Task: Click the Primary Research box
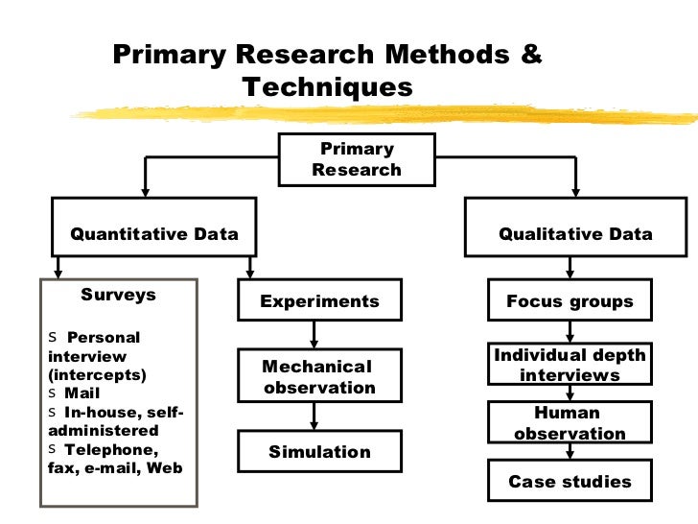pos(357,159)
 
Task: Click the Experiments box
pos(320,301)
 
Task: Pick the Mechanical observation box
pos(318,376)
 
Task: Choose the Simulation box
pos(318,452)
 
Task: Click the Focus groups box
pos(570,301)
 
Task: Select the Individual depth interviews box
pos(570,366)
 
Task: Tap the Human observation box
pos(570,423)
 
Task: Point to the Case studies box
pos(570,482)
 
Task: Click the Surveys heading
pos(118,295)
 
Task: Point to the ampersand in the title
pos(530,54)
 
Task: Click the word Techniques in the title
pos(327,88)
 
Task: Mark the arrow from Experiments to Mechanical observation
pos(313,334)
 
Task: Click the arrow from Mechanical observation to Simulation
pos(313,417)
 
